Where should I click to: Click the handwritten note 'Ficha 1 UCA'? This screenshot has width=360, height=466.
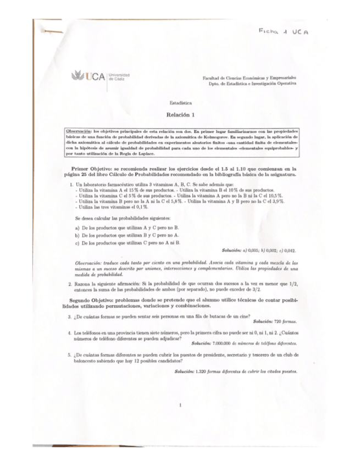(284, 31)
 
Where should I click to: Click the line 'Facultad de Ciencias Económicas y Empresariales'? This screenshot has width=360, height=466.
(250, 79)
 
